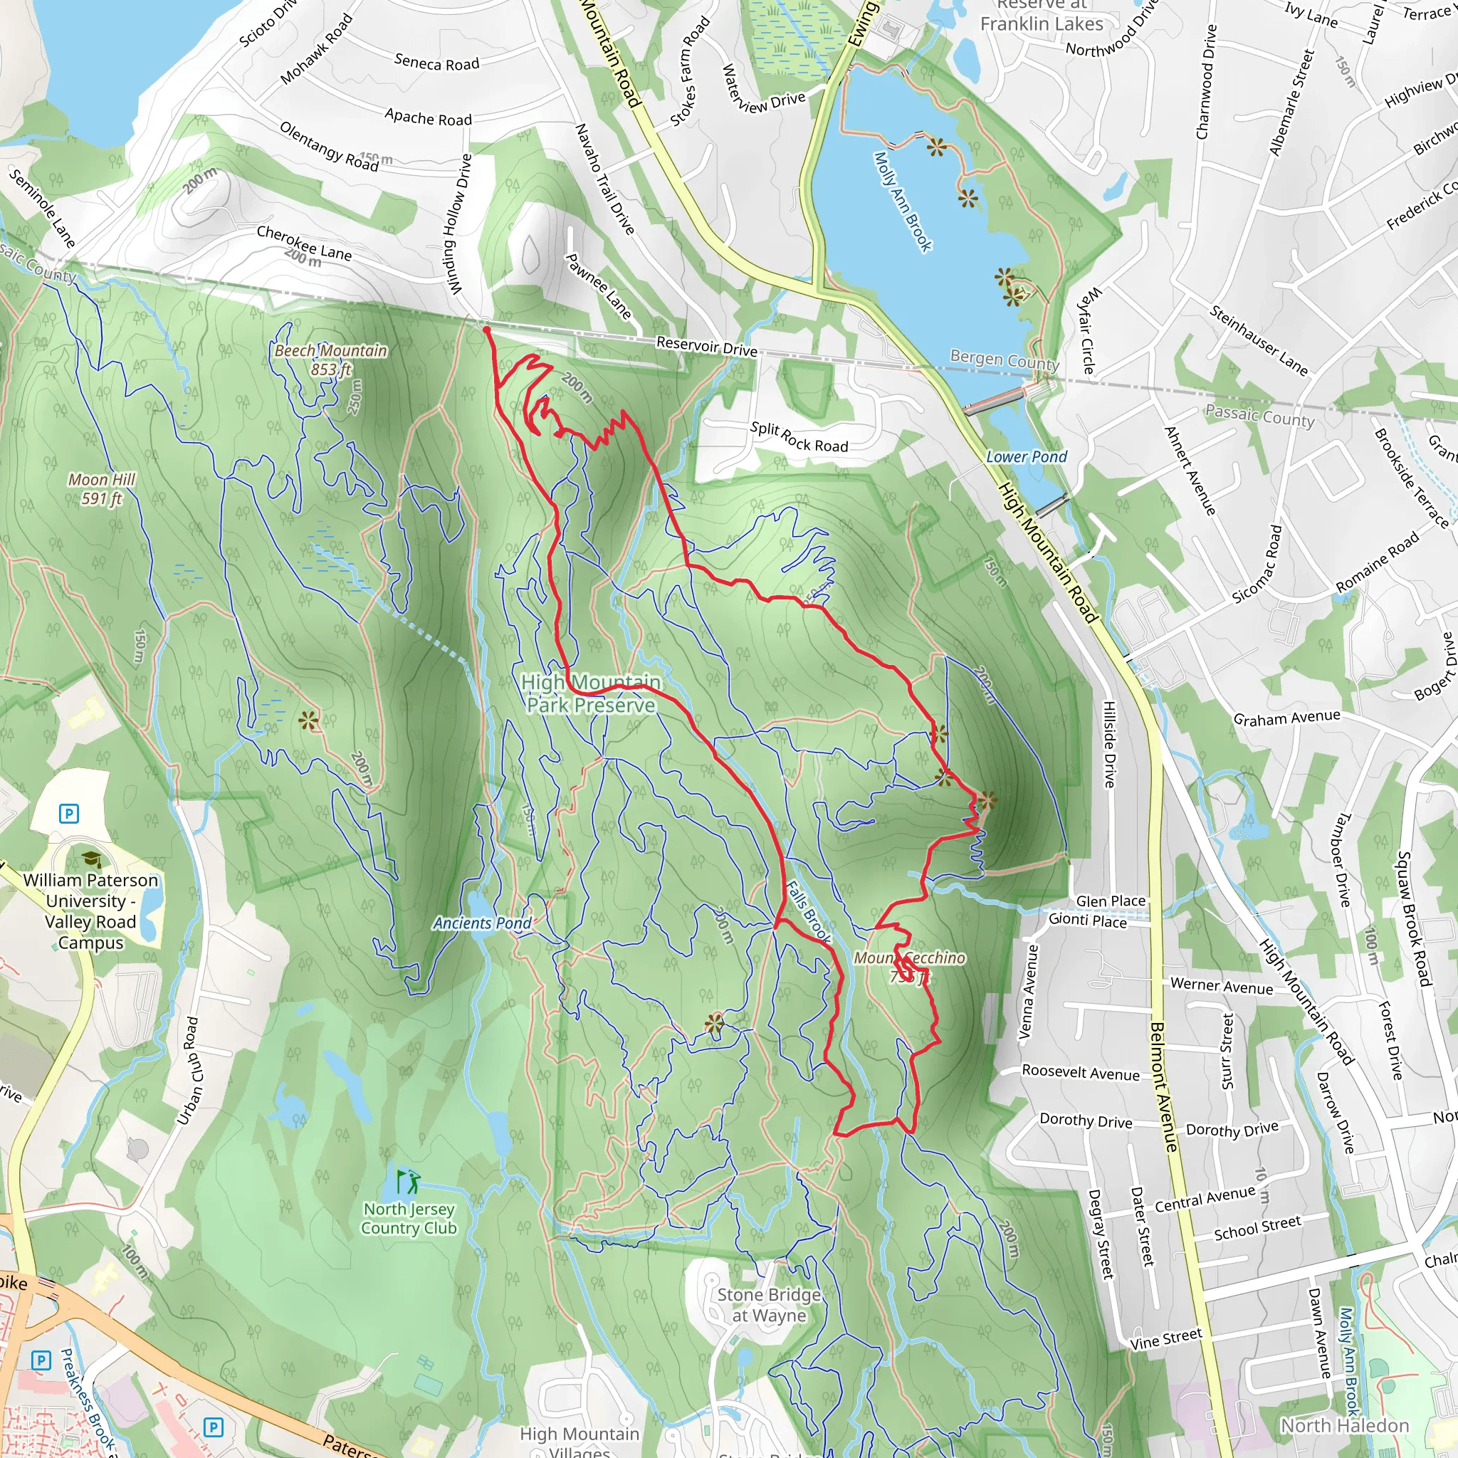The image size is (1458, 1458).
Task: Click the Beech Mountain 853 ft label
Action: (x=330, y=360)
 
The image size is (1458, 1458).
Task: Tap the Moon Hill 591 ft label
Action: (x=101, y=489)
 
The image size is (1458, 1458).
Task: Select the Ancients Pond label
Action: (x=481, y=923)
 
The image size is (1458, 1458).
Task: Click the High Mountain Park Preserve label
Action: (x=591, y=693)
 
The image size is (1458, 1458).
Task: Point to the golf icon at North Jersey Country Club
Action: (x=408, y=1181)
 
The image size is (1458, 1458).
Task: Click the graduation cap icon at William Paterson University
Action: (x=91, y=859)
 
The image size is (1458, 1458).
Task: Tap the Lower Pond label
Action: (x=1027, y=456)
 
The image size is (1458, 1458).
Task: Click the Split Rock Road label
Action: (x=799, y=437)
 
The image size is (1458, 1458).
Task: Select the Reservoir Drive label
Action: (x=706, y=347)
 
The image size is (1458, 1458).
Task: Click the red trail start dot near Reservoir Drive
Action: (x=487, y=330)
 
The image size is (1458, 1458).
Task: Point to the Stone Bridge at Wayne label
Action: (x=769, y=1305)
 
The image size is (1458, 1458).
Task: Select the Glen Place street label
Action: (x=1110, y=901)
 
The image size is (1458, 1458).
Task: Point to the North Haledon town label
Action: (x=1345, y=1425)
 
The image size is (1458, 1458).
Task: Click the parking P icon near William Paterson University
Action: (x=68, y=814)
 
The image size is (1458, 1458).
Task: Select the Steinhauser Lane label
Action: (x=1259, y=340)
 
